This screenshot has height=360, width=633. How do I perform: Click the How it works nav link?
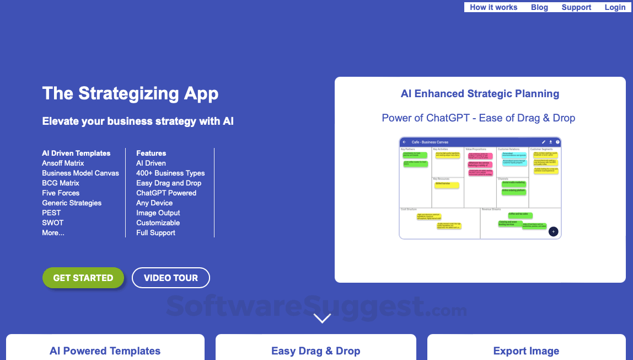point(493,7)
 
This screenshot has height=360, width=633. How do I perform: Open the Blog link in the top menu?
point(539,7)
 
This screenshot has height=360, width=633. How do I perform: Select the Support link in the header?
point(576,7)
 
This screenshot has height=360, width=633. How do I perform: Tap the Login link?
point(615,7)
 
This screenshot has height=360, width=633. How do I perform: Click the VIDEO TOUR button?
point(171,278)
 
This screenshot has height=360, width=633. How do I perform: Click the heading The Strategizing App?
point(130,93)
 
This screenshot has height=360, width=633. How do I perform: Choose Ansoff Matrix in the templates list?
point(63,163)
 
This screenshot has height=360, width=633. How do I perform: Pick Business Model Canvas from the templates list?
point(81,173)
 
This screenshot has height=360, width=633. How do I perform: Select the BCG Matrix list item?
point(61,183)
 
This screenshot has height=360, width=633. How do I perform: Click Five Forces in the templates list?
point(61,193)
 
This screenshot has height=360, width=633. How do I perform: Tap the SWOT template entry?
point(53,223)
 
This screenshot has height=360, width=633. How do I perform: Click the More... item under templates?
point(53,233)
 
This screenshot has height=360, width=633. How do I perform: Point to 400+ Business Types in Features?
point(170,173)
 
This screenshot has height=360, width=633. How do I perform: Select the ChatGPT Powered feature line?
point(166,193)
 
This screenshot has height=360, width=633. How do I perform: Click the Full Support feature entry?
point(155,233)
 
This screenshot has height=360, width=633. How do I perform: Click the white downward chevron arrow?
point(322,318)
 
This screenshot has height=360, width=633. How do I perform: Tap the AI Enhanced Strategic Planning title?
point(480,94)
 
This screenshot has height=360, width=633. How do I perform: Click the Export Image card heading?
point(526,351)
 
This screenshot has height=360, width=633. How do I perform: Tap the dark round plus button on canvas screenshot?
point(554,231)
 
